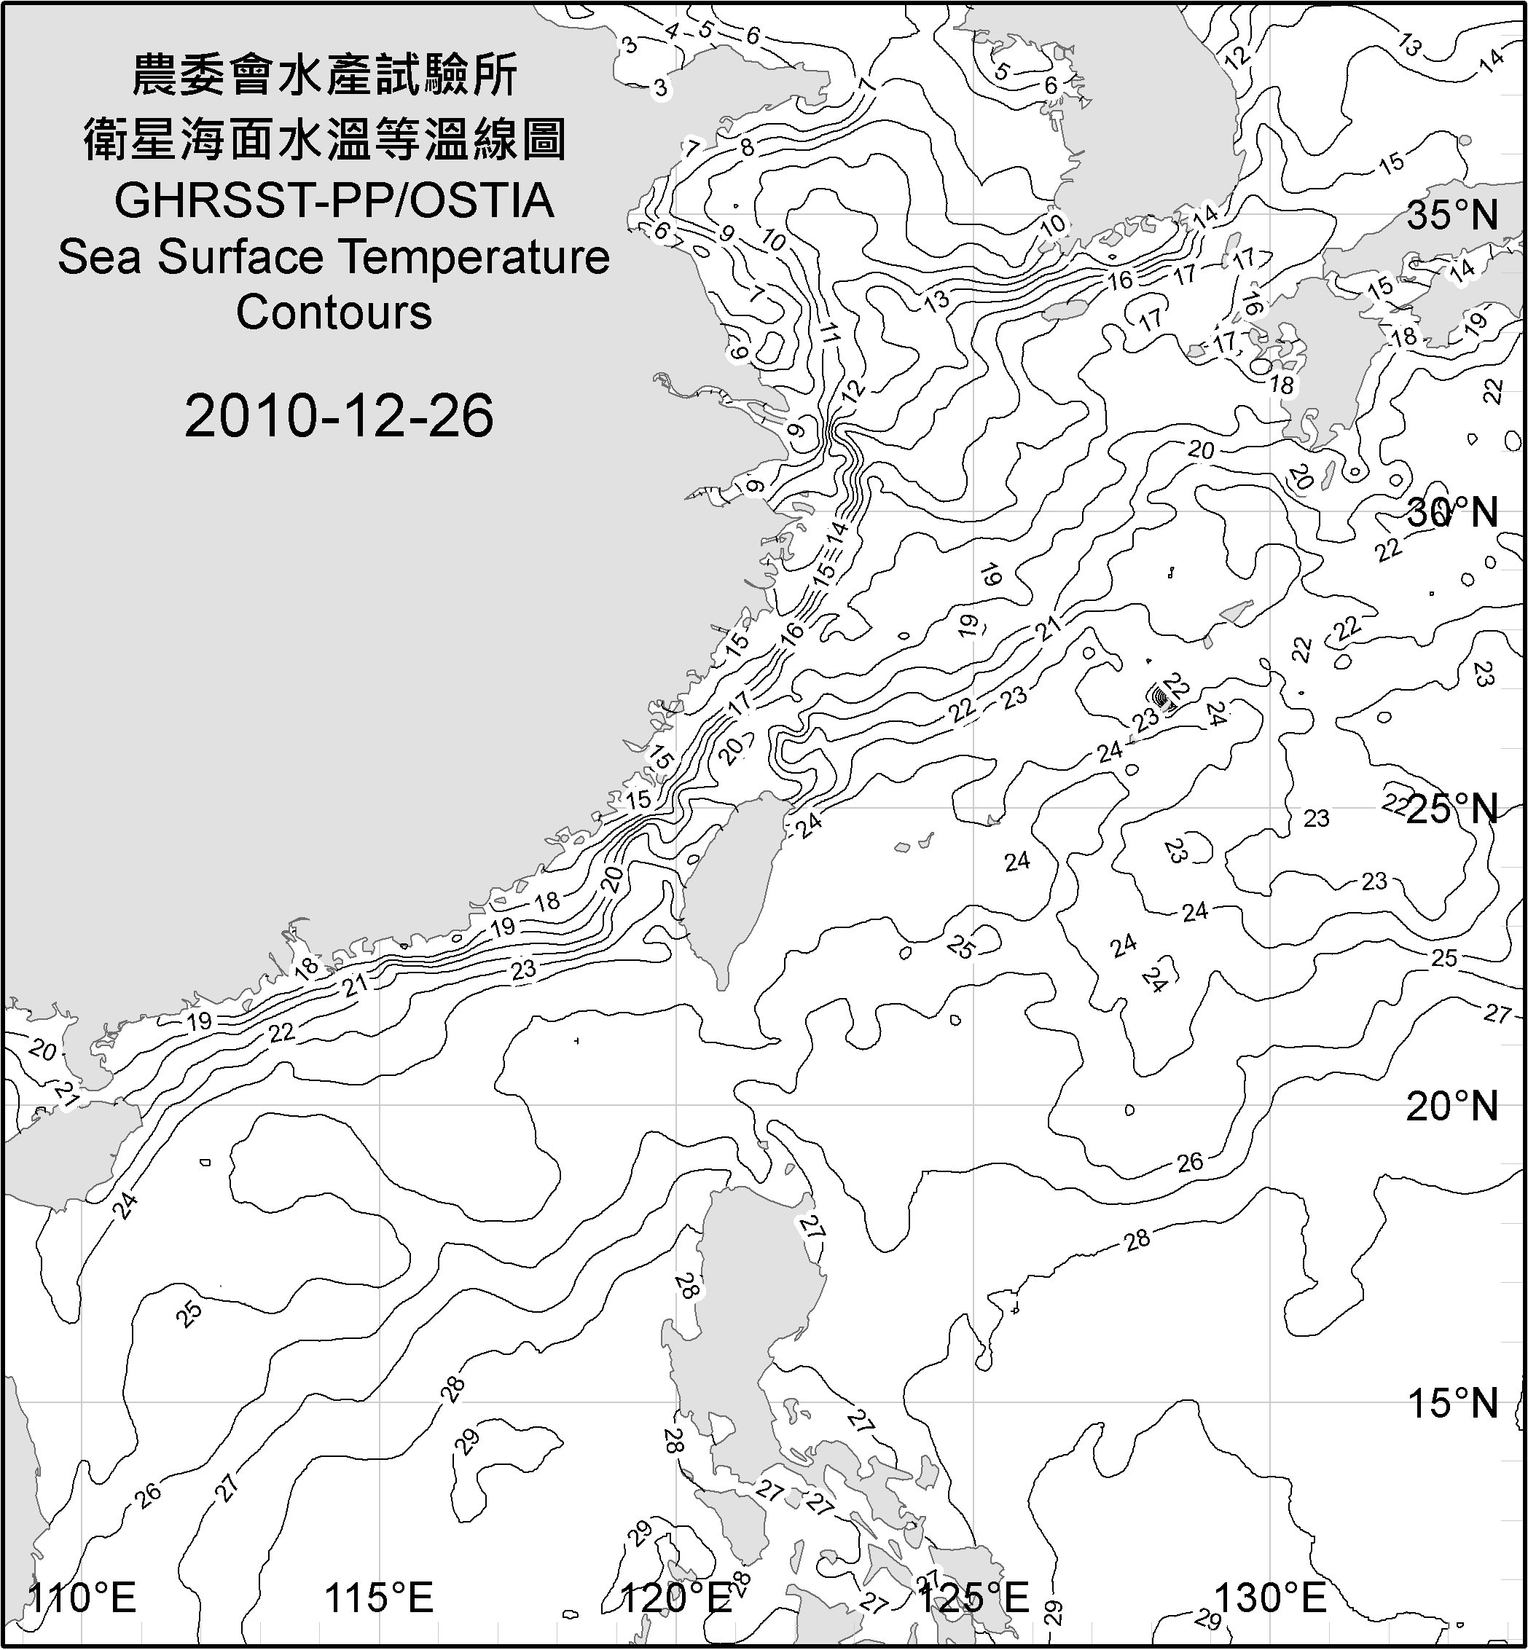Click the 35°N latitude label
tap(1452, 216)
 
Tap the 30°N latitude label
tap(1452, 514)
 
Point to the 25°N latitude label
tap(1452, 809)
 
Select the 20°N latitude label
tap(1452, 1106)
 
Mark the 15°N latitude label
tap(1452, 1403)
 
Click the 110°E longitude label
tap(82, 1598)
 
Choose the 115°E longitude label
tap(379, 1598)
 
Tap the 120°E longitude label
tap(676, 1598)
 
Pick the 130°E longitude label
tap(1270, 1598)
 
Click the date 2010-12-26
tap(339, 416)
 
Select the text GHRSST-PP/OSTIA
tap(334, 201)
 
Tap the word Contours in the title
tap(334, 313)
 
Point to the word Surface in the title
tap(240, 257)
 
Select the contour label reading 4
tap(671, 31)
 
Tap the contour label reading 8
tap(748, 148)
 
